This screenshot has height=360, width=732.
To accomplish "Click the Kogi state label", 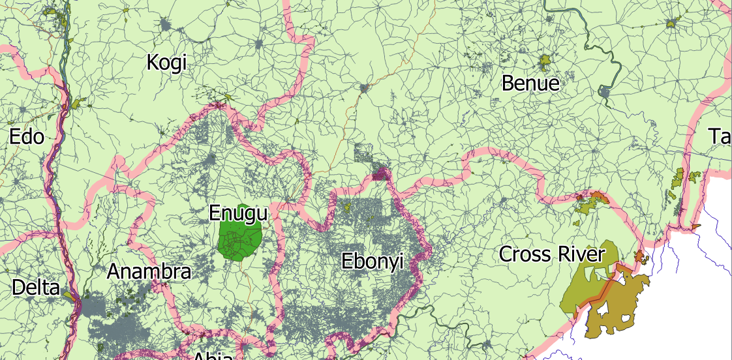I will [166, 63].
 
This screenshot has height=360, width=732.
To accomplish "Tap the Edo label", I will [27, 137].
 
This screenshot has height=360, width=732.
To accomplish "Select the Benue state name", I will [530, 83].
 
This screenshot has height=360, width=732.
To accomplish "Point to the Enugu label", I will [238, 213].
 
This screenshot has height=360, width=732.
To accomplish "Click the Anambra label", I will [149, 271].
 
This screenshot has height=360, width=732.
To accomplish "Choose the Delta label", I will [35, 288].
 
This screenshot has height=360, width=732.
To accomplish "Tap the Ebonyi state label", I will [373, 262].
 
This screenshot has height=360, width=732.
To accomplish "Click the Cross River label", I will [552, 254].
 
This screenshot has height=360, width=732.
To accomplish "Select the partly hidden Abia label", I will [213, 355].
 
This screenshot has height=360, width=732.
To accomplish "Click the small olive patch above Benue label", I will [545, 63].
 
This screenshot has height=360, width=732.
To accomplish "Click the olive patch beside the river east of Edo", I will [79, 104].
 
